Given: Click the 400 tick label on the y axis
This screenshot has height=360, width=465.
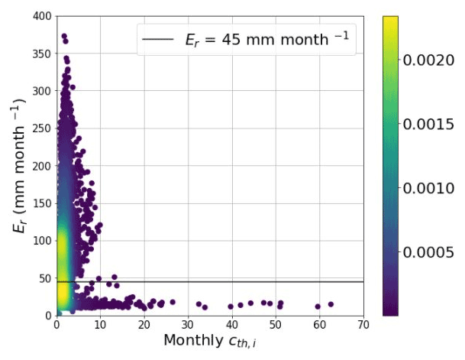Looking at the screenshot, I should click(42, 16).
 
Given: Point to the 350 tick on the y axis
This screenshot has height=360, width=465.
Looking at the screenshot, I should click(42, 54).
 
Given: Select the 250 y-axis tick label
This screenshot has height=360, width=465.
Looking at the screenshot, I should click(42, 128).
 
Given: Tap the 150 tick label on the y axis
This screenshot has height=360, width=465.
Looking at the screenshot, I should click(42, 203).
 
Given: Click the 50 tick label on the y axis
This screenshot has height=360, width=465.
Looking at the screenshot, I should click(45, 278).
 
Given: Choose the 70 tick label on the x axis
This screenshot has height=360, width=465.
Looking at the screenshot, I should click(363, 324).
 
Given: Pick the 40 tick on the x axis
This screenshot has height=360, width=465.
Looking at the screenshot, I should click(232, 324).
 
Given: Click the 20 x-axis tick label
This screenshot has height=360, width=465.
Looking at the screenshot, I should click(144, 324).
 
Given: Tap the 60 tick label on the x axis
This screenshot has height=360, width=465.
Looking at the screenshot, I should click(320, 324).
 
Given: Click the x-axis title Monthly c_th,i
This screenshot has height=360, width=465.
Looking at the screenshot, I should click(210, 340).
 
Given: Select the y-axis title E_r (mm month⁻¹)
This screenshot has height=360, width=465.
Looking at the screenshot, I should click(16, 164).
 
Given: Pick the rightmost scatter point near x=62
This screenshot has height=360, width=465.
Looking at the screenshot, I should click(331, 304).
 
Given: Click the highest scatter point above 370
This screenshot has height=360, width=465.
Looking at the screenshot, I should click(64, 36).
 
